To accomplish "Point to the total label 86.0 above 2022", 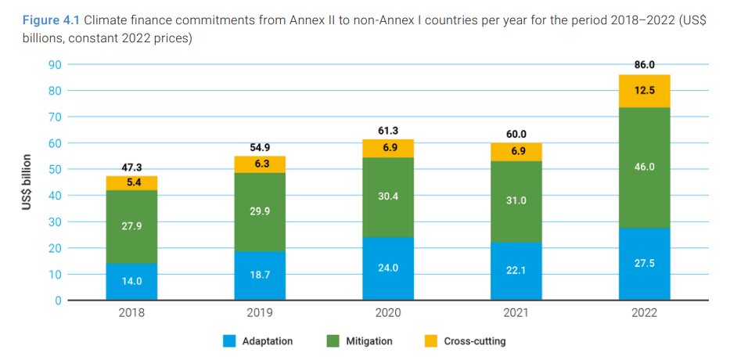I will [x=644, y=66].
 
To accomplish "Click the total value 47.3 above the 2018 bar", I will [x=131, y=167].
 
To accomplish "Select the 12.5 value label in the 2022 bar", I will [x=644, y=91].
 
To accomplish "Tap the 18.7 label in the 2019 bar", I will [x=260, y=276].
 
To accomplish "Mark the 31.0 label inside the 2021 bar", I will [x=516, y=200].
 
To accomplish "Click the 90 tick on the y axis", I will [x=55, y=64].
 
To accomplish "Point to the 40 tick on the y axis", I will [x=55, y=196].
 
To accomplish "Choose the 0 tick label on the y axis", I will [x=58, y=301].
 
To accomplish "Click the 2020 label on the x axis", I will [x=388, y=313].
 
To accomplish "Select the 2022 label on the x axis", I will [x=644, y=313].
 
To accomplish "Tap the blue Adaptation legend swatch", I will [x=228, y=341].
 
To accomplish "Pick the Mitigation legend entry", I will [x=360, y=341].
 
